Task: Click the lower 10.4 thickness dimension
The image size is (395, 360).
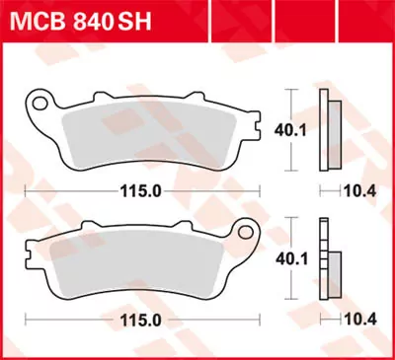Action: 368,322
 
